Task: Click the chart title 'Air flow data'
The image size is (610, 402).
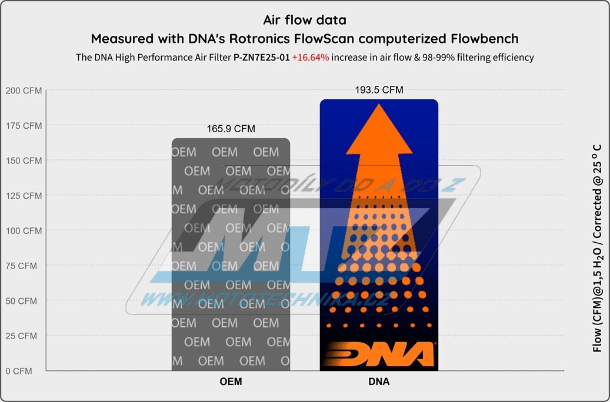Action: point(305,20)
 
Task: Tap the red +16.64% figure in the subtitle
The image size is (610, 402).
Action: point(311,57)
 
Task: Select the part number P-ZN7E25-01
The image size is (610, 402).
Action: point(261,57)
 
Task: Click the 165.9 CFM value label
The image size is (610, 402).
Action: point(231,129)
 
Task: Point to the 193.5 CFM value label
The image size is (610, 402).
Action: point(379,90)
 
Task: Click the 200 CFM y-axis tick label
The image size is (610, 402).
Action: point(24,91)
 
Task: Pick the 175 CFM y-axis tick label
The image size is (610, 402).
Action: point(24,126)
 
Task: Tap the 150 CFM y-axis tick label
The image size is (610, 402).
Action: point(24,160)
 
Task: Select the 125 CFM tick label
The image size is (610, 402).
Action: point(24,196)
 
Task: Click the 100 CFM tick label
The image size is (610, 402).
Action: point(24,230)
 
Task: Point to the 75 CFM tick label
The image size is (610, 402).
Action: point(21,266)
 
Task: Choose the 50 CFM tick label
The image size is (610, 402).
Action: point(21,301)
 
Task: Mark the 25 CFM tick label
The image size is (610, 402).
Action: point(21,336)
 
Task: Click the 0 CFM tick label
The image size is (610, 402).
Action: point(19,371)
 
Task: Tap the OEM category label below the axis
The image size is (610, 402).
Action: point(231,381)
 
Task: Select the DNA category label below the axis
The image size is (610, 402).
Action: point(379,381)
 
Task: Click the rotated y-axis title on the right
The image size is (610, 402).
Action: point(597,249)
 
